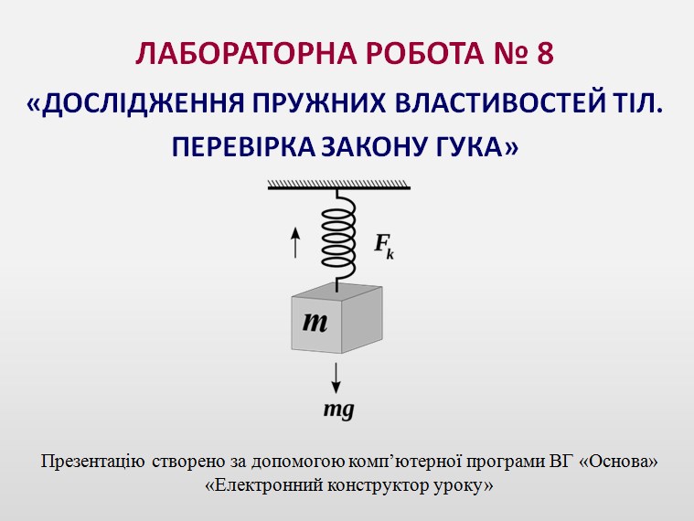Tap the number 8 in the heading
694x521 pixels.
(x=545, y=54)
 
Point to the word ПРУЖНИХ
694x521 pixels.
(x=319, y=103)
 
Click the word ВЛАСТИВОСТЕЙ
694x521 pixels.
(x=499, y=103)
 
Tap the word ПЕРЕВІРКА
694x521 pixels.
(x=243, y=147)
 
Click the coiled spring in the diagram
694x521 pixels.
(x=338, y=239)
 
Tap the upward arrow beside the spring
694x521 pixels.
(x=295, y=241)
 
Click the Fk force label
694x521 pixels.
(x=384, y=247)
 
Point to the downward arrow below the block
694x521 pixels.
(x=336, y=378)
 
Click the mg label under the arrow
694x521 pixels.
(x=339, y=410)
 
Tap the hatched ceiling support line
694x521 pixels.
(x=339, y=185)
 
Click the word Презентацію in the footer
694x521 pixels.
(x=92, y=462)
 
